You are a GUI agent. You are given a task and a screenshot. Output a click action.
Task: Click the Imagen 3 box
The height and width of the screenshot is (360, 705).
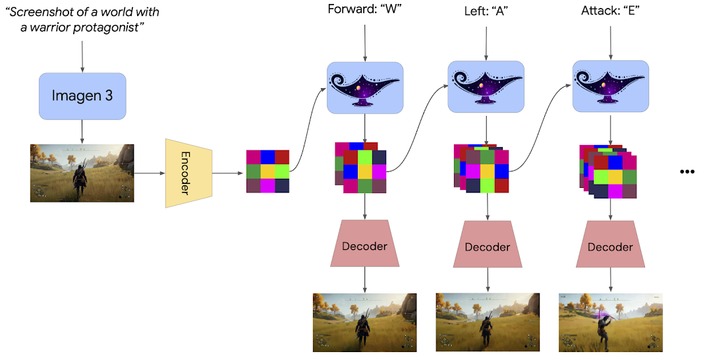coord(82,96)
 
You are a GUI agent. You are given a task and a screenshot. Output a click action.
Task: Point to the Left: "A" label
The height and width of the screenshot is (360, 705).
coord(486,10)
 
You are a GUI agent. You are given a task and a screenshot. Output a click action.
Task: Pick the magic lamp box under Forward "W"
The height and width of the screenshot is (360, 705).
coord(365,87)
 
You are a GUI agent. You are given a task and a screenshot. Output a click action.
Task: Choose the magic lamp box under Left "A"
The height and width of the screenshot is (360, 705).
coord(486,86)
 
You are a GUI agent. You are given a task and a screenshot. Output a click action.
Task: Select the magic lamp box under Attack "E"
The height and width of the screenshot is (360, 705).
coord(610,86)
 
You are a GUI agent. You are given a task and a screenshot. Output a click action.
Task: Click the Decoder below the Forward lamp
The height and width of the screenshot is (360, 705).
coord(364,245)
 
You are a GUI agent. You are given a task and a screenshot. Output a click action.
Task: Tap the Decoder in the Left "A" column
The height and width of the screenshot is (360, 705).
coord(488,246)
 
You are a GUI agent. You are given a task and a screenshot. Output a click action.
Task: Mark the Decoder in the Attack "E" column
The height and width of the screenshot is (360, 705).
coord(610,246)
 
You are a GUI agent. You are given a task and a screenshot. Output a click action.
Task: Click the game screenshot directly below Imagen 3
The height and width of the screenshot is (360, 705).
coord(82,173)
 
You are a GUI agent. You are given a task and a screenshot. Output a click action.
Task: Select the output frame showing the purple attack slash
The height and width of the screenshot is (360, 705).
coord(610,322)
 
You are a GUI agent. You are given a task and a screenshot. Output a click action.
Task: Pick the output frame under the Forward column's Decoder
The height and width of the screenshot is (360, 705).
coord(364,322)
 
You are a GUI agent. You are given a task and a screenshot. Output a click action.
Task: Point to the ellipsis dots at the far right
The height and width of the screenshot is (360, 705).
coord(687,171)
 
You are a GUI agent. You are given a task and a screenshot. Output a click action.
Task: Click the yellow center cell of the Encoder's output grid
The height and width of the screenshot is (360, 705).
coord(268,171)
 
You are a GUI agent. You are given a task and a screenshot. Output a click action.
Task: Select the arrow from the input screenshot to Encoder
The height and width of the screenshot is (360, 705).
coord(150,173)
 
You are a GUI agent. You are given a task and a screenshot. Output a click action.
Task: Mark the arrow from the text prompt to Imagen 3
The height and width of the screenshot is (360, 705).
coord(82,55)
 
